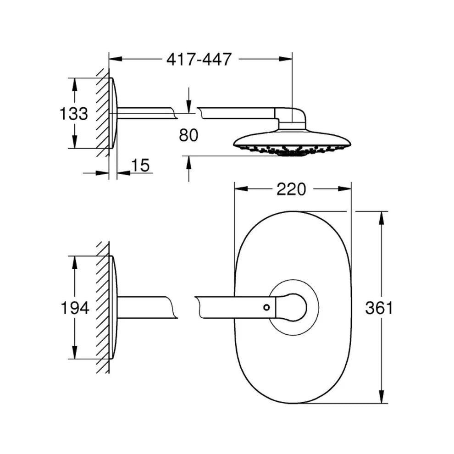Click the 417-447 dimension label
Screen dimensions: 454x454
[x=199, y=59]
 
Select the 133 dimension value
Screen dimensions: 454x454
[x=73, y=114]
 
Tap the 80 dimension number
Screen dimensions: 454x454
[x=188, y=135]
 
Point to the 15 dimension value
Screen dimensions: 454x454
[x=140, y=166]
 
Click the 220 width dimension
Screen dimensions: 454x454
[x=291, y=189]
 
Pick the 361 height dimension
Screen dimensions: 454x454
[x=379, y=308]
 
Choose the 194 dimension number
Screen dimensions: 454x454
[x=75, y=308]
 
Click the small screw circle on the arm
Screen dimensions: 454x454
[x=266, y=307]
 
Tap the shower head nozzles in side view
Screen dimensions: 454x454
[x=293, y=150]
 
